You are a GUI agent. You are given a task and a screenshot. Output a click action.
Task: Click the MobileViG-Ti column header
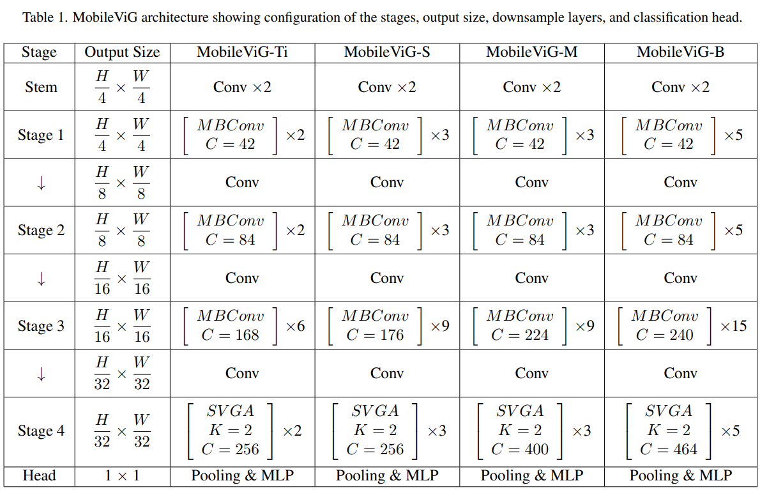[x=242, y=52]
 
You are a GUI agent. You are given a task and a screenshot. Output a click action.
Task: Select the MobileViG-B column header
[x=680, y=52]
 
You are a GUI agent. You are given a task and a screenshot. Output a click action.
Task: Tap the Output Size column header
[x=122, y=52]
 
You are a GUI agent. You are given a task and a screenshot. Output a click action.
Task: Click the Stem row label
[x=41, y=87]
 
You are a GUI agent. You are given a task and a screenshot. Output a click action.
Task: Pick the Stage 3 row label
[x=41, y=326]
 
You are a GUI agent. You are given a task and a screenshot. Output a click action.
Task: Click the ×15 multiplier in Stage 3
[x=733, y=326]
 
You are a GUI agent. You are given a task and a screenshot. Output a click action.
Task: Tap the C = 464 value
[x=669, y=449]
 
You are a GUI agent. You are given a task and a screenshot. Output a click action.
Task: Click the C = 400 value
[x=519, y=449]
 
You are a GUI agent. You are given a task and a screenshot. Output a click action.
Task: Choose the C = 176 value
[x=375, y=335]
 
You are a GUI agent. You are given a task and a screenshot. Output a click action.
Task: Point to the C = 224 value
[x=519, y=335]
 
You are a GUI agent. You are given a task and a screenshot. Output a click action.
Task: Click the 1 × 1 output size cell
[x=121, y=476]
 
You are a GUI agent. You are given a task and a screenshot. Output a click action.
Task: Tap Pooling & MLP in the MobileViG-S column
[x=387, y=476]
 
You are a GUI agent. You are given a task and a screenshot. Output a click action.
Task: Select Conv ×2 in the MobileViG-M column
[x=531, y=87]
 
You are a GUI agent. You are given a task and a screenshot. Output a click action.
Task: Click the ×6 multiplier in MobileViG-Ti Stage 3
[x=295, y=326]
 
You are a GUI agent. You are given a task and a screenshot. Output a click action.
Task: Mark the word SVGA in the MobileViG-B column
[x=669, y=411]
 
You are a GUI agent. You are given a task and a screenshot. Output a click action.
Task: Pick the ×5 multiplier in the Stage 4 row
[x=730, y=431]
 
